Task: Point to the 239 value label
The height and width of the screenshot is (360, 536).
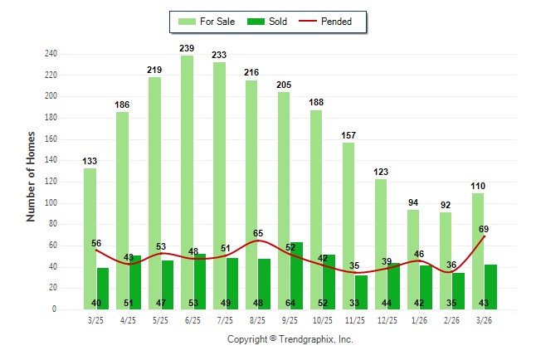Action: (187, 49)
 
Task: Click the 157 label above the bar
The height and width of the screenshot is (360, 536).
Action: (348, 135)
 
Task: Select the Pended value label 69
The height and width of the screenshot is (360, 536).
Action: (484, 228)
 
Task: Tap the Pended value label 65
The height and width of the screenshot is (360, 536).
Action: (258, 234)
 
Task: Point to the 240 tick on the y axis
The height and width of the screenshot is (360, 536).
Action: (51, 54)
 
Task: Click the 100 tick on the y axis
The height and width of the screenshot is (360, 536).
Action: (51, 203)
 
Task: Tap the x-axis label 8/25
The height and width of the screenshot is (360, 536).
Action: (257, 319)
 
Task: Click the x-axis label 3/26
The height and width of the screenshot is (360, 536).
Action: (484, 319)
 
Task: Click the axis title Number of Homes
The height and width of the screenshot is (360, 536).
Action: (32, 176)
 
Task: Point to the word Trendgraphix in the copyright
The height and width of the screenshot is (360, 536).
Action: (304, 339)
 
